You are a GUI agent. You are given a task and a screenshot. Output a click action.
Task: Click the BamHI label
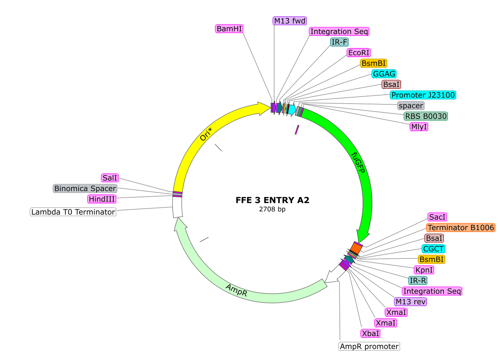pyautogui.click(x=229, y=29)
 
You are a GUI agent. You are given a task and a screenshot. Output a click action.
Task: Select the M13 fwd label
pyautogui.click(x=290, y=21)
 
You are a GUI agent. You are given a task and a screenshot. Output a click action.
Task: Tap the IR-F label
pyautogui.click(x=339, y=42)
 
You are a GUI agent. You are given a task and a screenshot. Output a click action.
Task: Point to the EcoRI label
pyautogui.click(x=358, y=53)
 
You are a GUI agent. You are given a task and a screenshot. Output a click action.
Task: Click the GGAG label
pyautogui.click(x=384, y=74)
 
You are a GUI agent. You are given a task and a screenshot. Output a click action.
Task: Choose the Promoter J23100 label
pyautogui.click(x=423, y=95)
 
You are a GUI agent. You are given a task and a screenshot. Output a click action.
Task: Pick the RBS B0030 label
pyautogui.click(x=425, y=116)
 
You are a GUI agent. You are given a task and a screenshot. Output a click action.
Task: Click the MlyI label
pyautogui.click(x=419, y=127)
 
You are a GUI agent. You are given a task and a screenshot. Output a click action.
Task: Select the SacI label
pyautogui.click(x=438, y=217)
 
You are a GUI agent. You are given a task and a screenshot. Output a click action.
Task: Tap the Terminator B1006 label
pyautogui.click(x=460, y=228)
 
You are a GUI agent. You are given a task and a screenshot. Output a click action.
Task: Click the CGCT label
pyautogui.click(x=433, y=249)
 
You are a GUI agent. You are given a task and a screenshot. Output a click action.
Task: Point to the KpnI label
pyautogui.click(x=424, y=270)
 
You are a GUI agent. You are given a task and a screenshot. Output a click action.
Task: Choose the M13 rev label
pyautogui.click(x=410, y=302)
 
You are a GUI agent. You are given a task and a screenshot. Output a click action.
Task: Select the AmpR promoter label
pyautogui.click(x=369, y=347)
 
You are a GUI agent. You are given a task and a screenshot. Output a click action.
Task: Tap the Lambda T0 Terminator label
pyautogui.click(x=73, y=212)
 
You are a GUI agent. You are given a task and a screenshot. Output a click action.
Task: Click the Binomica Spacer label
pyautogui.click(x=85, y=189)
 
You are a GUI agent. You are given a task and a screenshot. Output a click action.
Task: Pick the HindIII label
pyautogui.click(x=102, y=199)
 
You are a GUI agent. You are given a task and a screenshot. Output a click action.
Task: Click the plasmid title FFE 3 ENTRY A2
pyautogui.click(x=272, y=200)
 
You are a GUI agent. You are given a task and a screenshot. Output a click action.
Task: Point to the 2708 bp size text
pyautogui.click(x=272, y=209)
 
